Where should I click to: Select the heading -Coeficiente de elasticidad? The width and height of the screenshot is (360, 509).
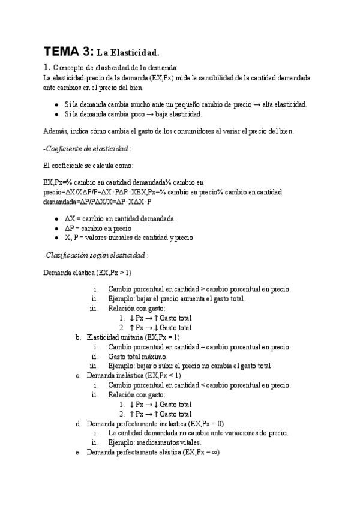pos(88,148)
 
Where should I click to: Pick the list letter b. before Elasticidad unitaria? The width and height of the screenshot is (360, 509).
pos(78,337)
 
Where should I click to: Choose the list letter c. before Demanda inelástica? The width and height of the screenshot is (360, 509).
pos(78,375)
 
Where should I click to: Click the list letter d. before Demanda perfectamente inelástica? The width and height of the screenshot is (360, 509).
pos(78,423)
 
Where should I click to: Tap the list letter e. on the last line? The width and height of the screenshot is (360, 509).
pos(78,452)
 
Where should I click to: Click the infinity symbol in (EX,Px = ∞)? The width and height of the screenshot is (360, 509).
pos(214,452)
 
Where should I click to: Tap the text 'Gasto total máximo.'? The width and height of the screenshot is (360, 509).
pos(138,356)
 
